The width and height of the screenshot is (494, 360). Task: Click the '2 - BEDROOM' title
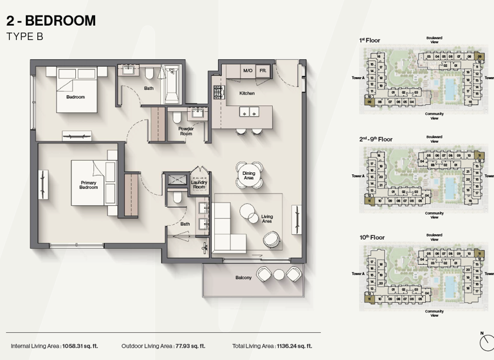[51, 21]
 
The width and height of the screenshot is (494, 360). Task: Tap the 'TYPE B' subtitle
[25, 37]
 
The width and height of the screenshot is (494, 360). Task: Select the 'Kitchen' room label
[247, 93]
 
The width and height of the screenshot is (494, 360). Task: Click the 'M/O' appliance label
[248, 70]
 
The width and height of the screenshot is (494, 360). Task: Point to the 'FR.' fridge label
[263, 70]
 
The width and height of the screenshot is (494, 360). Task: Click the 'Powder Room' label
[186, 131]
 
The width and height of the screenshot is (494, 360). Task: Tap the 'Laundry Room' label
[199, 184]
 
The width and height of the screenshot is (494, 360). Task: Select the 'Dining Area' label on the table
[248, 175]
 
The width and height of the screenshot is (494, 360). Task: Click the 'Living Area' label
[267, 219]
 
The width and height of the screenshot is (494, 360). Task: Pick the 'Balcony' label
[243, 278]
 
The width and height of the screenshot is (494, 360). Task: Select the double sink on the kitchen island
[248, 112]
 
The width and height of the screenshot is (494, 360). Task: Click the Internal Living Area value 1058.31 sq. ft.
[79, 345]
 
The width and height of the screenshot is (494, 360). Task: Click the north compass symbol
[484, 341]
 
